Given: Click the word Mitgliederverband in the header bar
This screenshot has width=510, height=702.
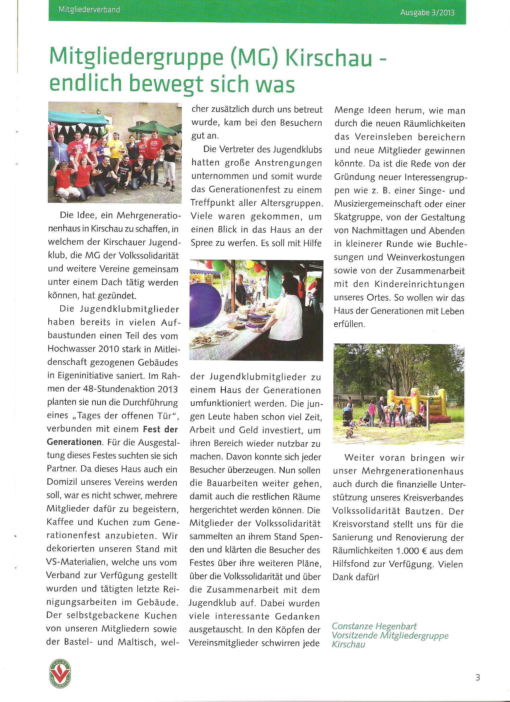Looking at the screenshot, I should (89, 10).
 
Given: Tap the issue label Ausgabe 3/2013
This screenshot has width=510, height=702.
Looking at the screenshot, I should (427, 13).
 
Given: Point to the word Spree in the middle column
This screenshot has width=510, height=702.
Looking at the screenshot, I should (201, 243).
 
